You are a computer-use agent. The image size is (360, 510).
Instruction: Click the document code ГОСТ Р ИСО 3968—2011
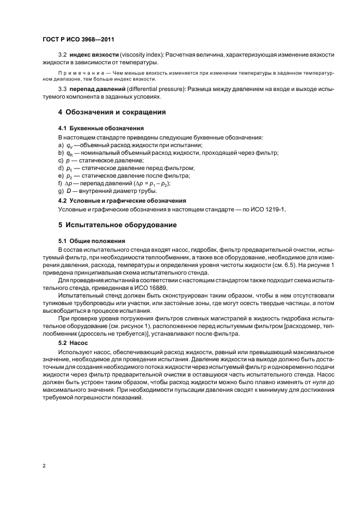[x=77, y=39]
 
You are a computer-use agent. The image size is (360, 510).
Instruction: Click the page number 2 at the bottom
[x=45, y=466]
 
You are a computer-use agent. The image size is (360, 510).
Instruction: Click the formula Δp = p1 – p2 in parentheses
[x=151, y=183]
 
